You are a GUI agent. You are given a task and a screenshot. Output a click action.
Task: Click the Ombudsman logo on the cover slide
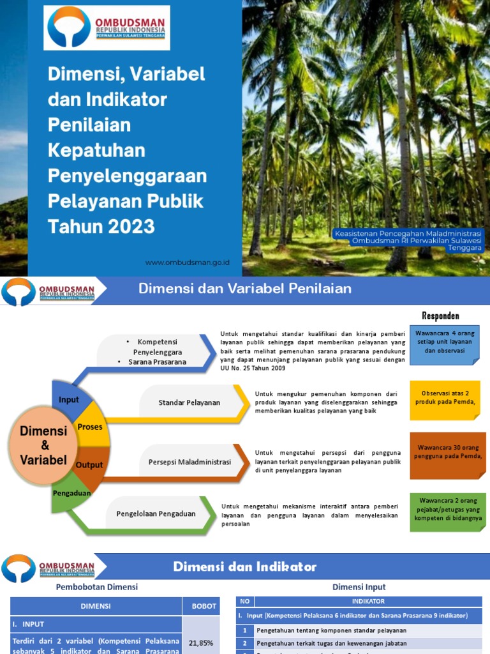click(x=107, y=28)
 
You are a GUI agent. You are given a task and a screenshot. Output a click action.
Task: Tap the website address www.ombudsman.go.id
click(x=187, y=262)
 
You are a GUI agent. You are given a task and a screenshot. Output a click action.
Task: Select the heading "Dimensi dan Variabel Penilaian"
click(x=245, y=289)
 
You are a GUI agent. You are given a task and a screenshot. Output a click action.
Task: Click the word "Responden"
click(x=440, y=316)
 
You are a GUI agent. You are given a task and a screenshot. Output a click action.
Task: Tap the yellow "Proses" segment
click(x=90, y=426)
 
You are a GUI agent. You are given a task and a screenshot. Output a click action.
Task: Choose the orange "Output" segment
click(x=89, y=465)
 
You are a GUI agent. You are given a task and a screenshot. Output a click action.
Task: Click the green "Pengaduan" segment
click(x=71, y=493)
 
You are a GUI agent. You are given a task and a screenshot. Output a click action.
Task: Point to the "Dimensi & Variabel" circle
click(x=44, y=445)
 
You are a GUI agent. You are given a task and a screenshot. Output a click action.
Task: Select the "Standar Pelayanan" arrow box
click(x=189, y=402)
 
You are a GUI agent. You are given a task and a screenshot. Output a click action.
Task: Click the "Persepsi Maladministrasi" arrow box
click(x=189, y=462)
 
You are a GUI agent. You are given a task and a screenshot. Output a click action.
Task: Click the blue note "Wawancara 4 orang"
click(x=445, y=342)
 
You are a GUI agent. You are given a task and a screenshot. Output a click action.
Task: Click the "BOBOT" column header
click(x=201, y=606)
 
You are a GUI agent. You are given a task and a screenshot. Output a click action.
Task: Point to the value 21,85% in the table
click(x=201, y=643)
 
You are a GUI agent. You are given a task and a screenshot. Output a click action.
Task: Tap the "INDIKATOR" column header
click(x=368, y=601)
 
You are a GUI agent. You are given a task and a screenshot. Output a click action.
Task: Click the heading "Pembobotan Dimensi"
click(x=97, y=586)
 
